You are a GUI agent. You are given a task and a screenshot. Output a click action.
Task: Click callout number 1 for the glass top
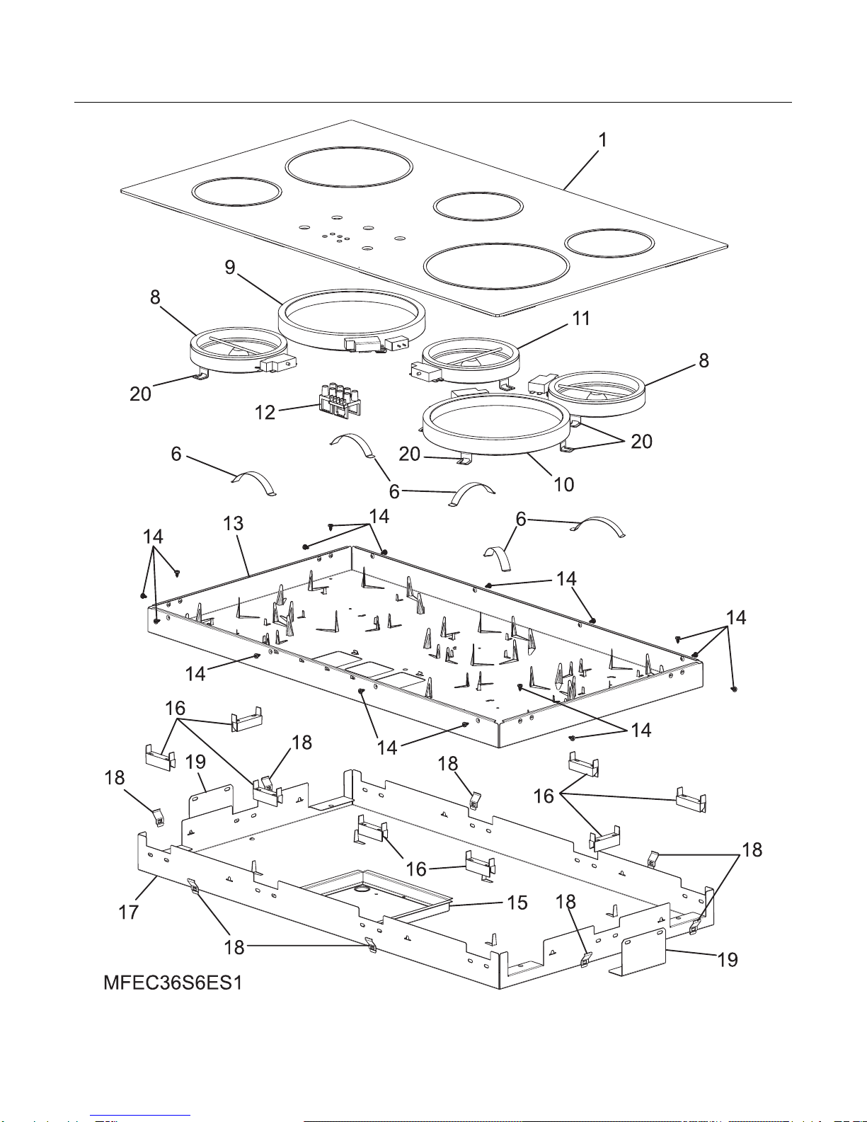pyautogui.click(x=602, y=140)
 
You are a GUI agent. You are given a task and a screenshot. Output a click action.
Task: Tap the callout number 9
pyautogui.click(x=230, y=268)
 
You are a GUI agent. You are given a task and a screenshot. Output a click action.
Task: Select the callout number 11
pyautogui.click(x=581, y=319)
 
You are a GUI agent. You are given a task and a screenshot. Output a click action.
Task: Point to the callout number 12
pyautogui.click(x=265, y=413)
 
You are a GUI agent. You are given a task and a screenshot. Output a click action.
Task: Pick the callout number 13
pyautogui.click(x=233, y=523)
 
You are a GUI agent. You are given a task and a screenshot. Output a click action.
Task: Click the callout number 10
pyautogui.click(x=563, y=484)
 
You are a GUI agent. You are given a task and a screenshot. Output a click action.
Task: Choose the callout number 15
pyautogui.click(x=517, y=903)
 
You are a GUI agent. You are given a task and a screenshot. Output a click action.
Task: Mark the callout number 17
pyautogui.click(x=128, y=912)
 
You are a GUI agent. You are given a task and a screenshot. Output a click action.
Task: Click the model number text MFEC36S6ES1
pyautogui.click(x=173, y=984)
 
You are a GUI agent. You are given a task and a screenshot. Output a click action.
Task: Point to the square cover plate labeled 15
pyautogui.click(x=375, y=895)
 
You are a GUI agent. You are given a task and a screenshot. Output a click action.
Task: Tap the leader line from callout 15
pyautogui.click(x=477, y=904)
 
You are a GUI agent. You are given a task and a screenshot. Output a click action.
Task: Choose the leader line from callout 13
pyautogui.click(x=242, y=554)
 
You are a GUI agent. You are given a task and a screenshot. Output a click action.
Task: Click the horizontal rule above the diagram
pyautogui.click(x=433, y=103)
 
